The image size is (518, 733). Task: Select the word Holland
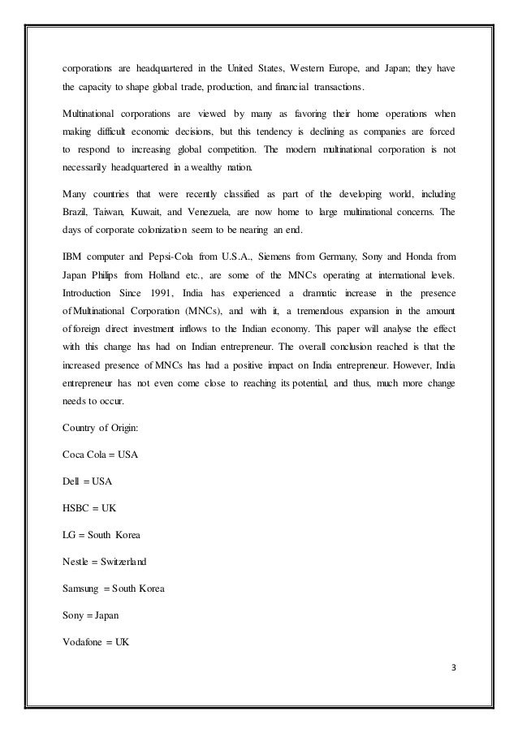158,273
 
